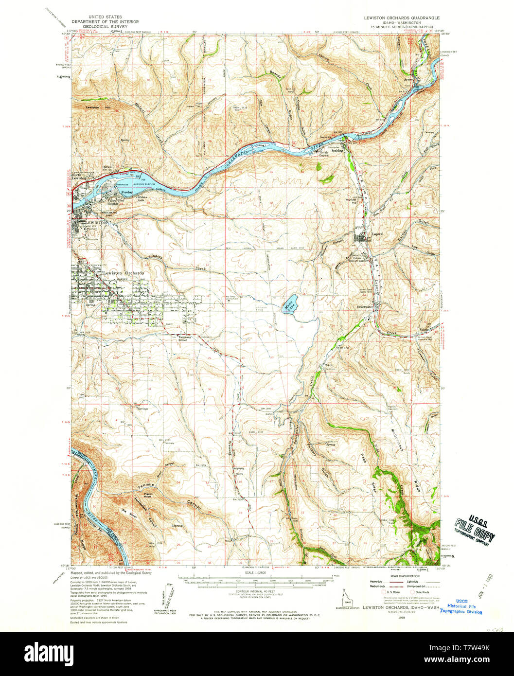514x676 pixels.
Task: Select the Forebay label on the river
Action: click(x=127, y=194)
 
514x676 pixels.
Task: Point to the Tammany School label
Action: click(x=182, y=338)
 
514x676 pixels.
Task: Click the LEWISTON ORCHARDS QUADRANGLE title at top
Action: click(x=402, y=17)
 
